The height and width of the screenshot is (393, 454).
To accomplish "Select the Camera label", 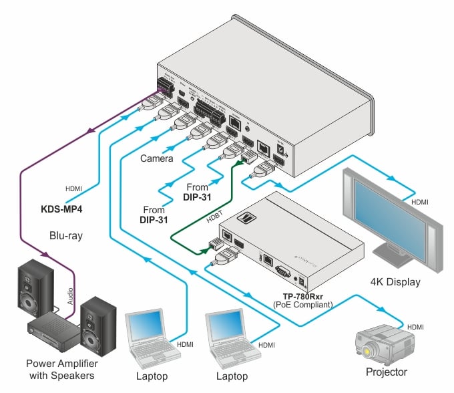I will (156, 159).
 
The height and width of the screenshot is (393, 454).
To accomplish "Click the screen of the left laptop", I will (146, 325).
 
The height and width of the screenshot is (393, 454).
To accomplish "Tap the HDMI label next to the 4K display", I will (419, 201).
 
